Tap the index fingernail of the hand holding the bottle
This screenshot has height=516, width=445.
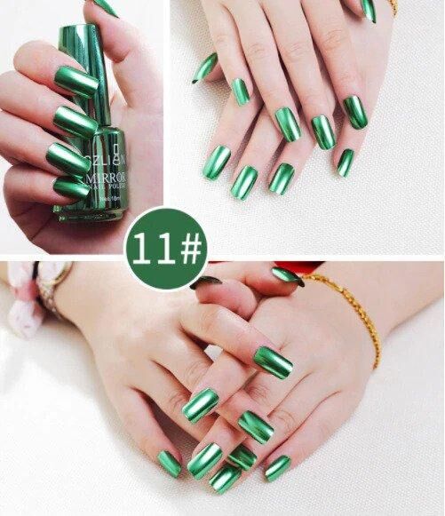pos(76,82)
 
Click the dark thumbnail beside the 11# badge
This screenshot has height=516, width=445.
pos(206,282)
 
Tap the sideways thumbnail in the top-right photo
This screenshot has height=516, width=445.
pos(205,67)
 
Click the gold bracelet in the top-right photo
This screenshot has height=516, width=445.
pos(393,7)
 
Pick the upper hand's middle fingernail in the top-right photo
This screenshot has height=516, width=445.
pos(288,123)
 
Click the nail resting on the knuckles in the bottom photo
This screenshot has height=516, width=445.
pos(274,361)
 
